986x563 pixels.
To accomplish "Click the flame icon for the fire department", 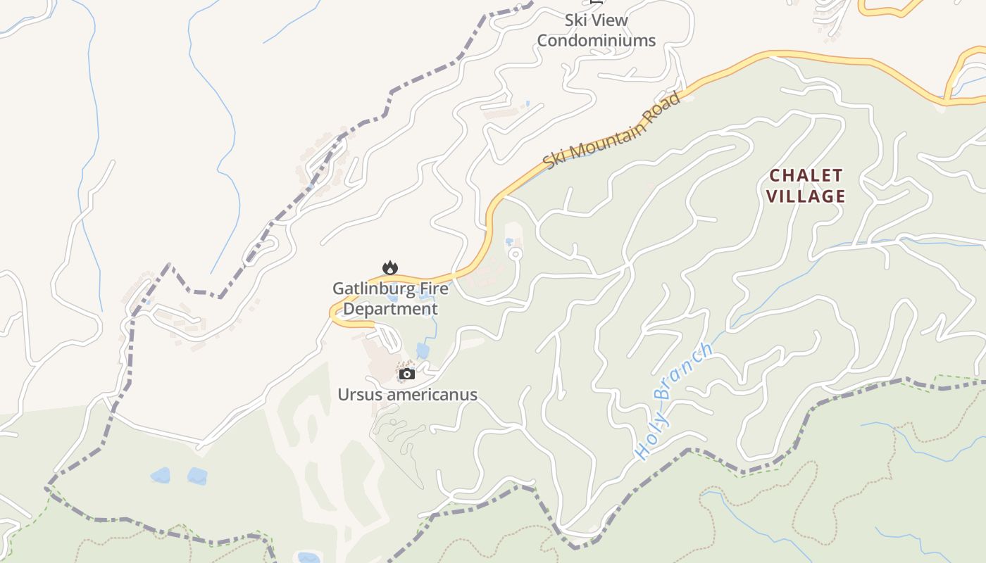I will click(x=389, y=267).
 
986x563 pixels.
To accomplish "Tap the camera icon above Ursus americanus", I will click(x=407, y=374).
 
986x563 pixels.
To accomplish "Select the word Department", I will click(x=390, y=309).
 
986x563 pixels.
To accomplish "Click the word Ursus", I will click(x=358, y=395).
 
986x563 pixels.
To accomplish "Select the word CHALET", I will click(x=806, y=175).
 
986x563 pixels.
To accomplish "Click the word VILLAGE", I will click(x=806, y=196).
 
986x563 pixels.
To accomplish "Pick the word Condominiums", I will click(x=596, y=41).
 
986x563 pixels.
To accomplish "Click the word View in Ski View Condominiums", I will click(x=609, y=20).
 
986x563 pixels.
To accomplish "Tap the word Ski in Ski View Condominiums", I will click(x=575, y=20).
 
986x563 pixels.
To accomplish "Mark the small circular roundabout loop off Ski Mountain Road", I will click(x=516, y=254).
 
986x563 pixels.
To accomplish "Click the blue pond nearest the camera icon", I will click(x=423, y=350).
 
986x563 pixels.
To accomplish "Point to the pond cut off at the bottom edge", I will click(x=308, y=558).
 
